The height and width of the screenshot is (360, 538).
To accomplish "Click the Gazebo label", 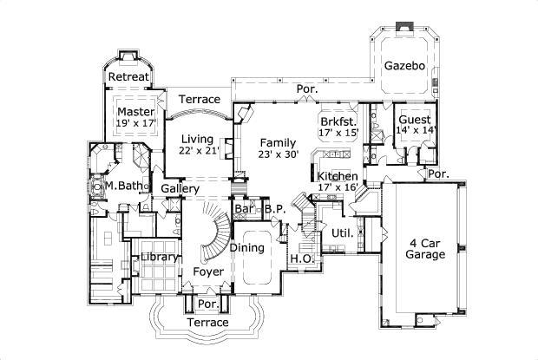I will point(403,65).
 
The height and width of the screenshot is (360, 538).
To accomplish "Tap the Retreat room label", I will point(128,77).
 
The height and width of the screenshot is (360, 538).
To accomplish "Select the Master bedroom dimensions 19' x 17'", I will point(134,125).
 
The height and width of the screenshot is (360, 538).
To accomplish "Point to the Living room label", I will point(197,138).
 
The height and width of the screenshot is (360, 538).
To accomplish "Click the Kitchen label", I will point(337,176).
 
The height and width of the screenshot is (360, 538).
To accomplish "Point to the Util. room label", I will point(341,232).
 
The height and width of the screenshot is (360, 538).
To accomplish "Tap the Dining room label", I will point(246,248).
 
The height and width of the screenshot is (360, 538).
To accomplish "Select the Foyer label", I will point(207,272).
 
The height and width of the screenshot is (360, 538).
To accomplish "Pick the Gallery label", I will point(181,188).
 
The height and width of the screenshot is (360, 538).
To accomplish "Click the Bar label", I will point(244,209).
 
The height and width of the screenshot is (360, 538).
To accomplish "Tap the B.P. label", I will point(276,209).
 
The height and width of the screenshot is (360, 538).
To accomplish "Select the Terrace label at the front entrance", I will point(207,323).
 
